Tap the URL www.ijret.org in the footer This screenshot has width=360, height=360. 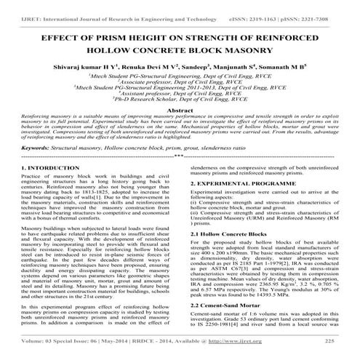pos(266,340)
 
